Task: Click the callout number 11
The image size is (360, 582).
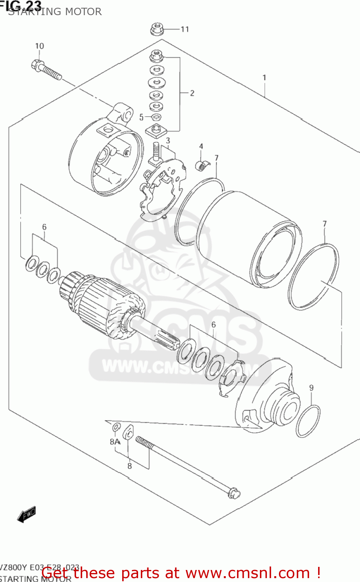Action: click(185, 29)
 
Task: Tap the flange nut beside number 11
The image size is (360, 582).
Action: click(157, 29)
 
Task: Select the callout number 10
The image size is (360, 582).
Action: click(40, 46)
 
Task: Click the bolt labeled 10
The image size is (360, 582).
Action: click(47, 69)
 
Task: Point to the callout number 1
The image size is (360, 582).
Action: click(264, 78)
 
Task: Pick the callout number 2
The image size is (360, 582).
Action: click(192, 93)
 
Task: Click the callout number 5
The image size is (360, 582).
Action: click(141, 117)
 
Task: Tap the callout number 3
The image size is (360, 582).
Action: click(168, 140)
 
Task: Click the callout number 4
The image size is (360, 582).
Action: click(201, 146)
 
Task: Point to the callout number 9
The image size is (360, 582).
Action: click(311, 388)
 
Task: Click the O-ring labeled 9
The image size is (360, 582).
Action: click(308, 421)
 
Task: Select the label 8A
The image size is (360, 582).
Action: click(114, 442)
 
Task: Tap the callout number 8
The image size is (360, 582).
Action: click(130, 466)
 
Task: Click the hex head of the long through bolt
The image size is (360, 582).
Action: click(234, 494)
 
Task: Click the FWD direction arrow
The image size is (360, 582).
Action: click(27, 514)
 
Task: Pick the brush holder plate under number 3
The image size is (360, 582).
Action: click(159, 190)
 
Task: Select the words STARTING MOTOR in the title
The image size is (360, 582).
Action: click(55, 12)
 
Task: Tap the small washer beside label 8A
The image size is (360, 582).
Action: click(116, 428)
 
